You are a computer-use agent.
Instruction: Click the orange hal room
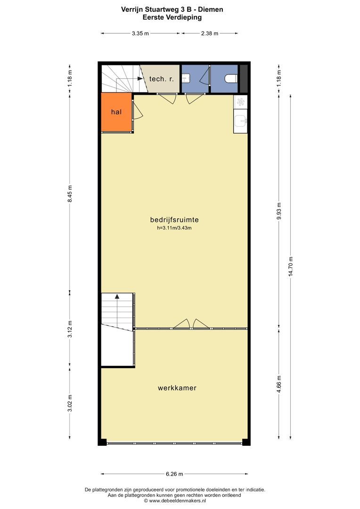click(x=116, y=112)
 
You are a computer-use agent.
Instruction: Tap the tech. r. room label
click(x=161, y=79)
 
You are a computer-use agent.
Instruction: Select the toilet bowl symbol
click(x=231, y=79)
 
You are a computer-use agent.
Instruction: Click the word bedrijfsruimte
click(x=174, y=220)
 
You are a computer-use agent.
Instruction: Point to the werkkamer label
click(x=177, y=388)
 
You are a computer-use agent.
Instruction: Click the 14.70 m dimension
click(x=291, y=266)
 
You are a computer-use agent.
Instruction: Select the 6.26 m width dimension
click(x=174, y=474)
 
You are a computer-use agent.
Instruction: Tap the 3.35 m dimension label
click(x=140, y=33)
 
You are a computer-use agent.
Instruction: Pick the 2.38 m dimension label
click(x=209, y=33)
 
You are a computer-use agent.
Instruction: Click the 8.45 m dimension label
click(x=70, y=194)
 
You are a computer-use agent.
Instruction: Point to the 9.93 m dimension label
click(x=279, y=211)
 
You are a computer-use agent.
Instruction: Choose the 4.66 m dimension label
click(x=279, y=384)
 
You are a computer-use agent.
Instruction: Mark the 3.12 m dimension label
click(x=70, y=329)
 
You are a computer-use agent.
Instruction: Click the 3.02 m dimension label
click(x=70, y=403)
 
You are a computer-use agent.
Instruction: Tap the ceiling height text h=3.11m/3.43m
click(x=174, y=228)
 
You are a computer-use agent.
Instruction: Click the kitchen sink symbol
click(x=240, y=121)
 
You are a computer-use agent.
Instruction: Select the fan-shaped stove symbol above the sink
click(x=240, y=102)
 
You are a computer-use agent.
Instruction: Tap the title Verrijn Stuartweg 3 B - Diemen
click(x=172, y=9)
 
